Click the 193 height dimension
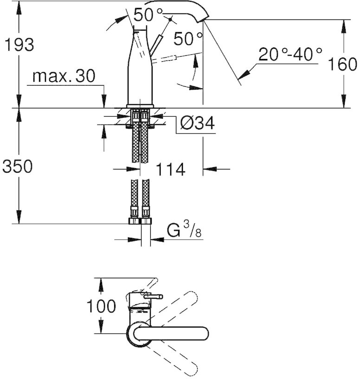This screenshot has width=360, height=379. [x=19, y=45]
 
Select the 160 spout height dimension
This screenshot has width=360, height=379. [x=342, y=64]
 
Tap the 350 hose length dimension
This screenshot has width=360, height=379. [x=17, y=166]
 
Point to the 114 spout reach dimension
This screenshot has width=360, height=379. [x=171, y=169]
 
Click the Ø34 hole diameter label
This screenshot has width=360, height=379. [x=197, y=123]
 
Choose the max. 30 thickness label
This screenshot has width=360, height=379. [x=64, y=76]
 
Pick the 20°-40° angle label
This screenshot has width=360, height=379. [x=290, y=54]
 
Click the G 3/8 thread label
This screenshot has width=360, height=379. [x=184, y=229]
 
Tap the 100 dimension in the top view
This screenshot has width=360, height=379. [x=101, y=306]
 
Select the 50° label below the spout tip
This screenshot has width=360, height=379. [x=188, y=39]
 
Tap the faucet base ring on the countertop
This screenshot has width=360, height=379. [x=140, y=106]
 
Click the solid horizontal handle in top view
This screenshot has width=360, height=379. [x=171, y=333]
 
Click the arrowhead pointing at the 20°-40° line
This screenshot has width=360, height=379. [x=244, y=74]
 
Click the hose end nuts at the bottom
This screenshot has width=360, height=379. [x=140, y=221]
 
